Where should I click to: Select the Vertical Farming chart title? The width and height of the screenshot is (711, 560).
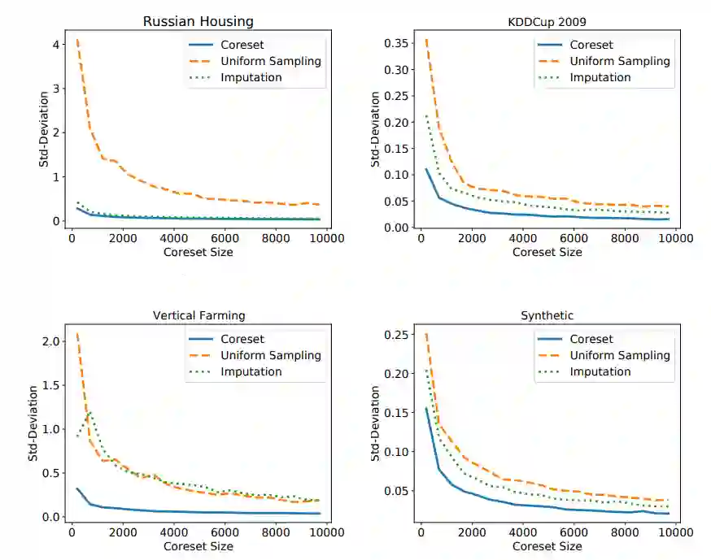(198, 315)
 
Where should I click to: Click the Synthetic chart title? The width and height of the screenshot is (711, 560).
(547, 315)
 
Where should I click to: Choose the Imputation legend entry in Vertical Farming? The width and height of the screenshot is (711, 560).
(245, 371)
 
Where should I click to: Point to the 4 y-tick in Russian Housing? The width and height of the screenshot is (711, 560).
(54, 44)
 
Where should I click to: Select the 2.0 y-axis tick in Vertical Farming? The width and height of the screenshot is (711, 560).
(50, 341)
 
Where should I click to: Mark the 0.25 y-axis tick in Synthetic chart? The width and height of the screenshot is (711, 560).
(398, 335)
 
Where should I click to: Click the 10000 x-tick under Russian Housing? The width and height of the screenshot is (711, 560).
(328, 238)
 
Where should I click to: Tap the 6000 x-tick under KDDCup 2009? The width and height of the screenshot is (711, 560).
(574, 238)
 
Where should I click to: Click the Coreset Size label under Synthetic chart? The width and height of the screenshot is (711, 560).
(547, 546)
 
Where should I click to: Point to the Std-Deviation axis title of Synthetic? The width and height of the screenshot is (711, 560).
(375, 424)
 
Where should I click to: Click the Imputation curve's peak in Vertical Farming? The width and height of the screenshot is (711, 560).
(89, 413)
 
